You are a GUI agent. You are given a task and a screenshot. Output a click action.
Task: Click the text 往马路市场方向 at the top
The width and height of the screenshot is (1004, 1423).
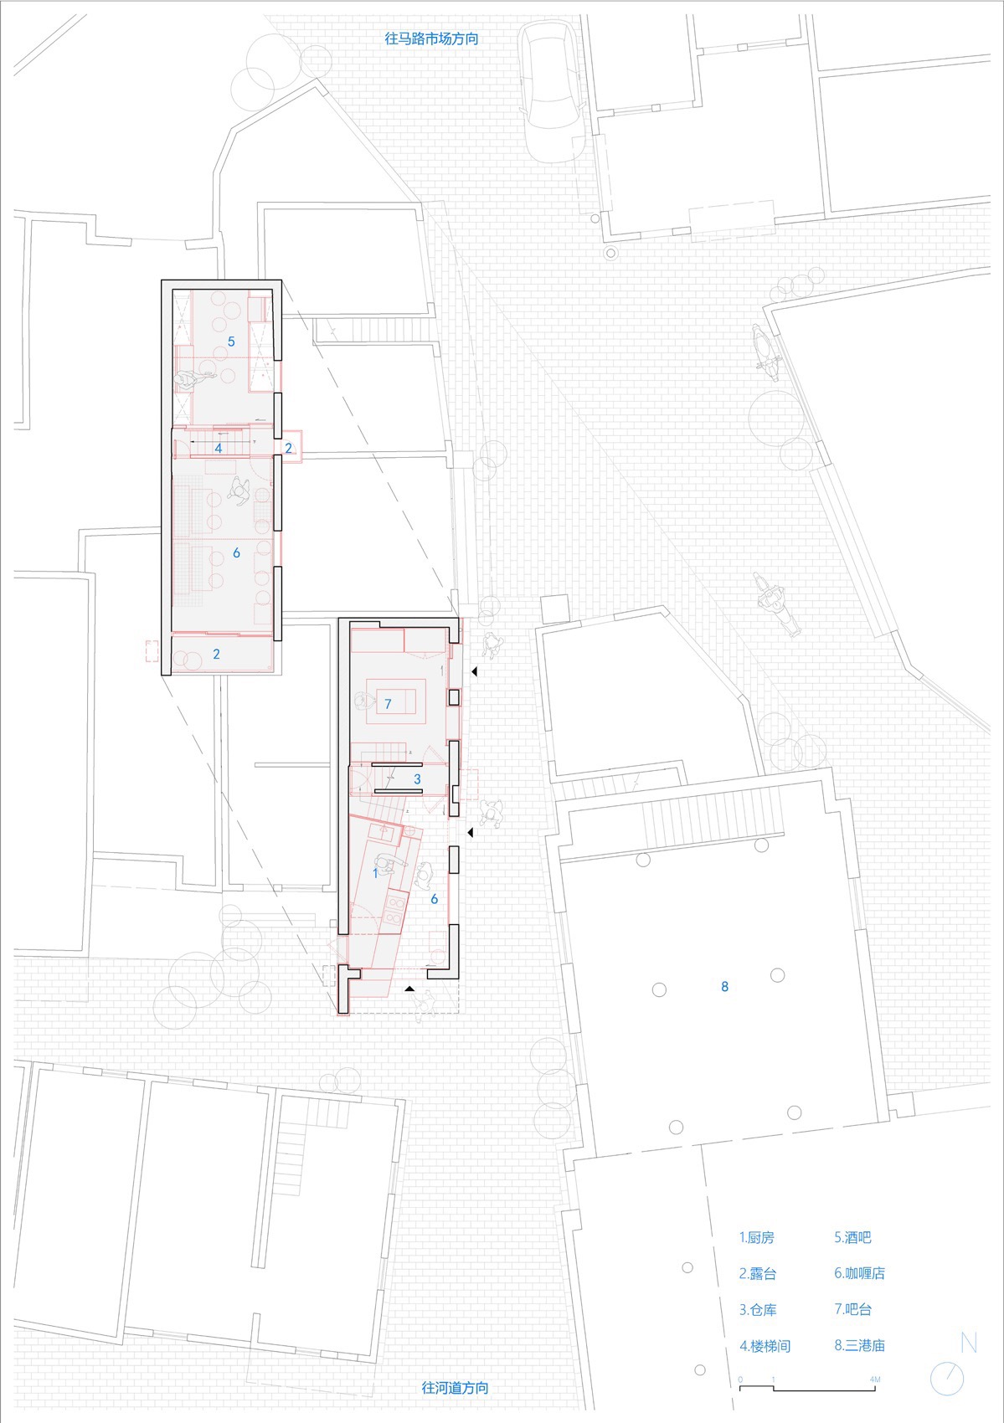pyautogui.click(x=431, y=39)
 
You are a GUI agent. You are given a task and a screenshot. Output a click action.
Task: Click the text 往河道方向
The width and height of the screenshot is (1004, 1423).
pyautogui.click(x=455, y=1387)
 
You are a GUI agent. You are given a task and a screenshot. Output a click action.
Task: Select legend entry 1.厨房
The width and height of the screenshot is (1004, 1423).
pyautogui.click(x=756, y=1237)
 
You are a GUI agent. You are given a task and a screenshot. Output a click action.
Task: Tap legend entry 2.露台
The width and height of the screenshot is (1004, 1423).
pyautogui.click(x=757, y=1273)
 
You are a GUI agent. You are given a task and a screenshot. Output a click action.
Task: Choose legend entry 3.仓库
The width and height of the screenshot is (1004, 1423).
pyautogui.click(x=757, y=1309)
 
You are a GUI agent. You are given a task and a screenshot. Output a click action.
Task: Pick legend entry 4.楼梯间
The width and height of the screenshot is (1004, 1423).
pyautogui.click(x=765, y=1345)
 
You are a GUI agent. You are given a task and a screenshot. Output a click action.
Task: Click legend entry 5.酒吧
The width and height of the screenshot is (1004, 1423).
pyautogui.click(x=852, y=1237)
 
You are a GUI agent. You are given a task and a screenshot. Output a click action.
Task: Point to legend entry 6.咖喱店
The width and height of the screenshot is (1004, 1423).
pyautogui.click(x=859, y=1273)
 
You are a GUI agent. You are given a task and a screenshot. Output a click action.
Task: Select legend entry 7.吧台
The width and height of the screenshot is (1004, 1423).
pyautogui.click(x=852, y=1309)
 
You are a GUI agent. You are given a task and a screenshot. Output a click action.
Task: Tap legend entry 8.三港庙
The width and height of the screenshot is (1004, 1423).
pyautogui.click(x=859, y=1345)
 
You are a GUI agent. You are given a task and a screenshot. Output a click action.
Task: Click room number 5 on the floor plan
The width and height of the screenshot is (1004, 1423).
pyautogui.click(x=232, y=342)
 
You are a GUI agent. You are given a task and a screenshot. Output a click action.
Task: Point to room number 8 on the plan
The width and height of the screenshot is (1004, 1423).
pyautogui.click(x=725, y=987)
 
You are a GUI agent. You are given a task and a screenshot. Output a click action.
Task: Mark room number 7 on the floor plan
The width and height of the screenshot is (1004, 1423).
pyautogui.click(x=388, y=704)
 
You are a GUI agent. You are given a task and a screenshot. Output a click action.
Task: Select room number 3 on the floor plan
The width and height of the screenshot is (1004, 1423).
pyautogui.click(x=417, y=779)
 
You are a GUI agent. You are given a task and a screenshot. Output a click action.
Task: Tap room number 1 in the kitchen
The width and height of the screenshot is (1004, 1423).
pyautogui.click(x=375, y=872)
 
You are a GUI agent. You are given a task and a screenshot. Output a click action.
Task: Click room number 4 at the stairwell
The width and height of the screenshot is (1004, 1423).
pyautogui.click(x=219, y=449)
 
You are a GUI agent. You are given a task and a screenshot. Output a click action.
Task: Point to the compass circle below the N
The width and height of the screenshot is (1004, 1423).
pyautogui.click(x=947, y=1379)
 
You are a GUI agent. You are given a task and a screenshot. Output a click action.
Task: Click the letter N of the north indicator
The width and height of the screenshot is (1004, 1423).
pyautogui.click(x=969, y=1342)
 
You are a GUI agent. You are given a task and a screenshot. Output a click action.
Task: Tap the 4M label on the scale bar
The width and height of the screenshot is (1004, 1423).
pyautogui.click(x=874, y=1379)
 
